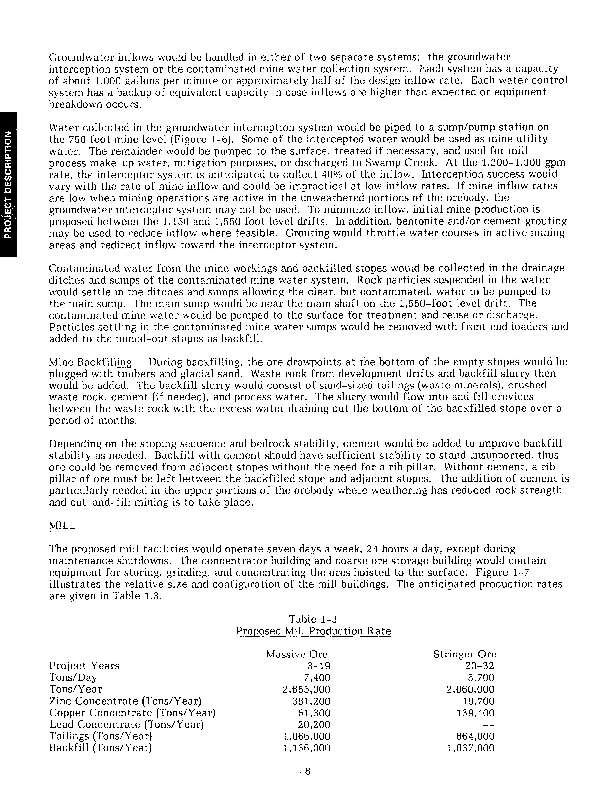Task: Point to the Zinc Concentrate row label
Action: pos(125,701)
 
